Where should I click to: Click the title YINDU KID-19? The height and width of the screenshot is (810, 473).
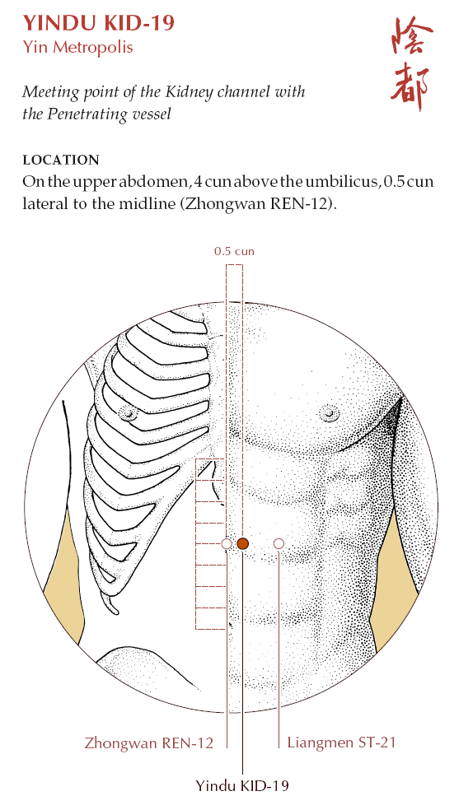[x=98, y=23]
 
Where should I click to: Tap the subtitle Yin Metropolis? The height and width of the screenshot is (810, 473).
[x=77, y=47]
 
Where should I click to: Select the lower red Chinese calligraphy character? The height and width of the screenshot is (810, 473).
[x=410, y=86]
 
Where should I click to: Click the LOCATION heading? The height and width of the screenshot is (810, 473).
[x=61, y=160]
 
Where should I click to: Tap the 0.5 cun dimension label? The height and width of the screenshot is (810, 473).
[x=235, y=252]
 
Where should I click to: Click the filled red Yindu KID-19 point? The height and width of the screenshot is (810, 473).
[x=242, y=543]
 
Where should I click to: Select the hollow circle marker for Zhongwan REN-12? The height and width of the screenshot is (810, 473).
[x=227, y=543]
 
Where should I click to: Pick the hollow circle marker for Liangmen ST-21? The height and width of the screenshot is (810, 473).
[x=279, y=543]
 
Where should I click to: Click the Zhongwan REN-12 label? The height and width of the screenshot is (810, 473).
[x=149, y=743]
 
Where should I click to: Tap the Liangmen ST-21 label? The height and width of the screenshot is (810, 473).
[x=342, y=742]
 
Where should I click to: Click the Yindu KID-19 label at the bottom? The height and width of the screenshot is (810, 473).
[x=242, y=786]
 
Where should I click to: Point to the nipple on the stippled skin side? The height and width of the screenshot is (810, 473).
[x=329, y=412]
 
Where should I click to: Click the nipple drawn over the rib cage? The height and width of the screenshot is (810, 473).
[x=128, y=412]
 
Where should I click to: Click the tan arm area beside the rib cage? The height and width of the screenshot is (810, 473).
[x=64, y=568]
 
